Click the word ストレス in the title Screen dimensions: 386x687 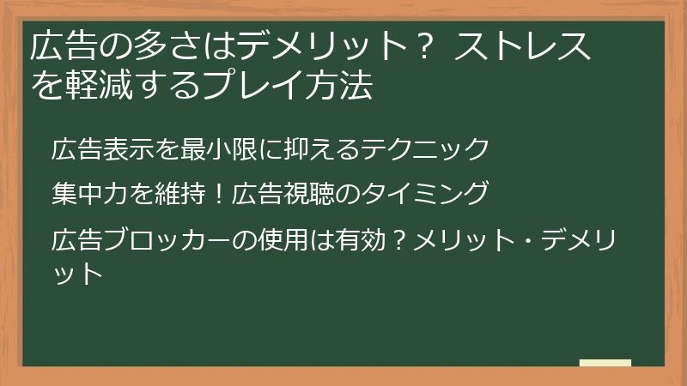pos(523,47)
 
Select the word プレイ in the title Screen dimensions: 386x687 pos(265,86)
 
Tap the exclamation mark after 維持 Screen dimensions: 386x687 pos(216,193)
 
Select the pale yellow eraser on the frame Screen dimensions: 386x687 pos(605,364)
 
